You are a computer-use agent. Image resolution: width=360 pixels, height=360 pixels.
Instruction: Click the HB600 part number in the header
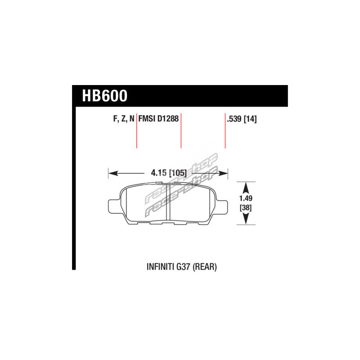tap(105, 96)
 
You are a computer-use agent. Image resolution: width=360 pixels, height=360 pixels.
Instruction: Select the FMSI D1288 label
tap(158, 119)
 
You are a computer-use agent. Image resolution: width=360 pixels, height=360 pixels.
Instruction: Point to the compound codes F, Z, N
tap(124, 119)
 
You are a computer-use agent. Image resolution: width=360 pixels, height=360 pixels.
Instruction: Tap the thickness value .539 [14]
tap(242, 119)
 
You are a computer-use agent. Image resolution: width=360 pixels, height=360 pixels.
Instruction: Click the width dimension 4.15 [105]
tap(169, 173)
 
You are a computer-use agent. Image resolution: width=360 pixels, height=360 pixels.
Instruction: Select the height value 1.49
tap(246, 198)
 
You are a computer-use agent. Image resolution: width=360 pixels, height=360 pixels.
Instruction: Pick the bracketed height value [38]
tap(246, 208)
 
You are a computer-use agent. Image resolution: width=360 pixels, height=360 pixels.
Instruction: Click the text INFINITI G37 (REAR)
tap(182, 267)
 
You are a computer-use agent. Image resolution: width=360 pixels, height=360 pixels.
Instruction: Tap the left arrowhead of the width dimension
tap(113, 173)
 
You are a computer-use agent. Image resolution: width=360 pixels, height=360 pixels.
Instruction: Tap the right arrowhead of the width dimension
tap(223, 173)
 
